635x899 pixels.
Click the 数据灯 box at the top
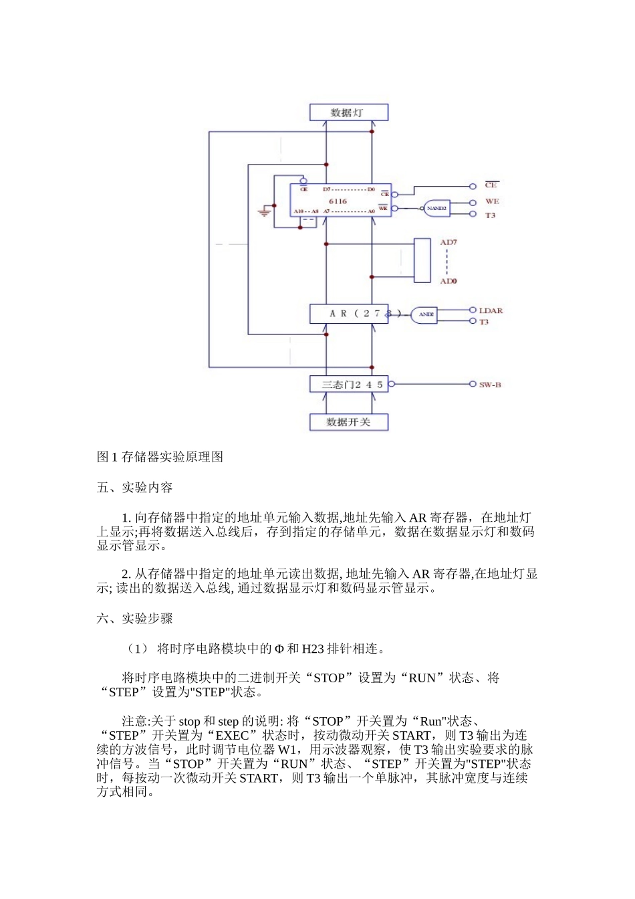coord(348,112)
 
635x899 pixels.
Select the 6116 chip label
coord(338,201)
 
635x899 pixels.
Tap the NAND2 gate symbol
coord(436,208)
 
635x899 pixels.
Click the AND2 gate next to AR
coord(424,314)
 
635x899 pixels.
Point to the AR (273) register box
coord(348,313)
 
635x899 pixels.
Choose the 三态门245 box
coord(348,385)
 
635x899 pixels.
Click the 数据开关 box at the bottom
coord(348,422)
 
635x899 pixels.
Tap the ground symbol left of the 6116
coord(265,212)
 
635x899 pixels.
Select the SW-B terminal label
coord(490,385)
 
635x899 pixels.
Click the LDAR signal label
coord(491,310)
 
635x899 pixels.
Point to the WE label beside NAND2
coord(492,201)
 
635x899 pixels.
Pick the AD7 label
coord(449,242)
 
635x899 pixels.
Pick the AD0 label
coord(449,281)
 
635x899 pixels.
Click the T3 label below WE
coord(490,215)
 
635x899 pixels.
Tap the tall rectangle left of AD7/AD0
coord(422,261)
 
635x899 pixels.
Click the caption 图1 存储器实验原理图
coord(160,457)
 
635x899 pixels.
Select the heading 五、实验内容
coord(134,488)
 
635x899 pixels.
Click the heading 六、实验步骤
coord(134,619)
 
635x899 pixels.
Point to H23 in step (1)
coord(313,648)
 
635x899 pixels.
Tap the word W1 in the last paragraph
coord(288,750)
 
